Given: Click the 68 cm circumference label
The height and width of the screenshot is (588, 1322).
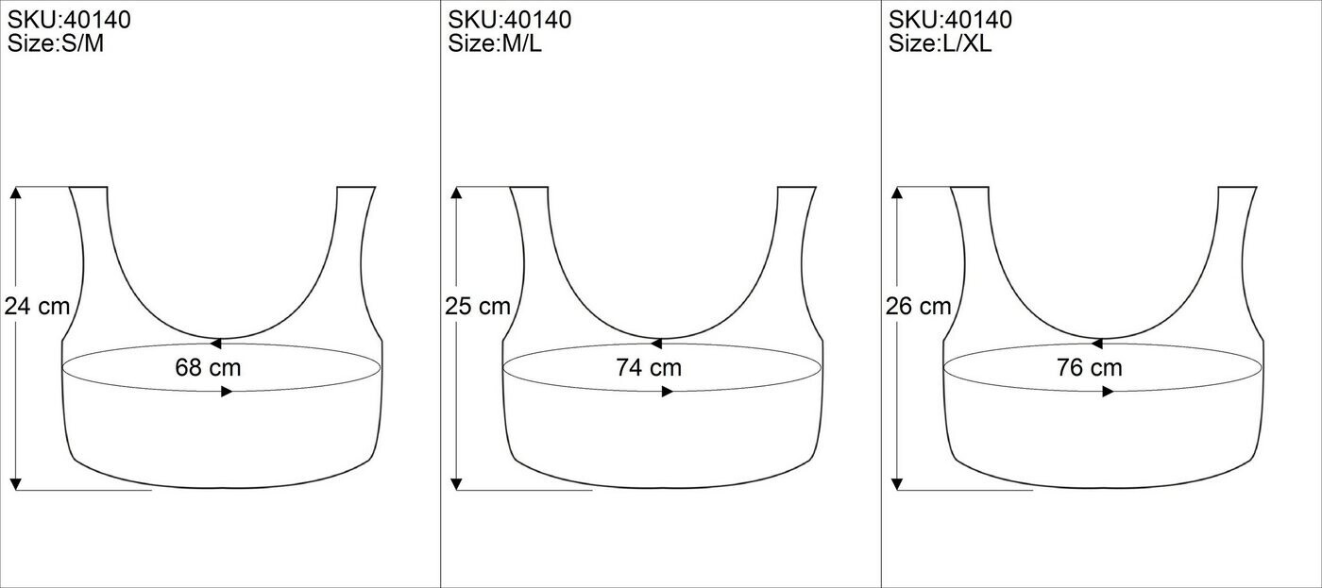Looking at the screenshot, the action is coord(208,367).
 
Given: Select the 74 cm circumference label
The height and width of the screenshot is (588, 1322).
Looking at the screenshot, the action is coord(649,367).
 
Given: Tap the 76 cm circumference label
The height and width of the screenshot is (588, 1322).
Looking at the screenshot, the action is coord(1090,367).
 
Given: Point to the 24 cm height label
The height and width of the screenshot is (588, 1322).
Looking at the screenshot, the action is coord(37,306).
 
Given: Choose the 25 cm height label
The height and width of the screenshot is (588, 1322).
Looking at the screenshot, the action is coord(478,306).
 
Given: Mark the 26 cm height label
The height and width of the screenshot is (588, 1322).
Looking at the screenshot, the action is coord(918,306).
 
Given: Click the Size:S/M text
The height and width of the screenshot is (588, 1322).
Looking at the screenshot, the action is coord(56,43).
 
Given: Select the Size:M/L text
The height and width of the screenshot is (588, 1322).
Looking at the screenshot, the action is coord(495,43).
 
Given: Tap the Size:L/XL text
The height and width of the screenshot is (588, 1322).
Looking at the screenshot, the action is coord(941,43).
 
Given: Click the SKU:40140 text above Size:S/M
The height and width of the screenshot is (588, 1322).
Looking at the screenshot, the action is coord(69,20).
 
